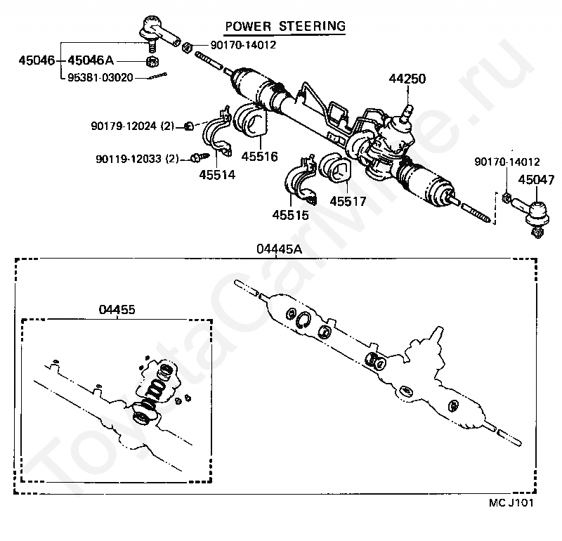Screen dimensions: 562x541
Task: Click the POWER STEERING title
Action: (285, 27)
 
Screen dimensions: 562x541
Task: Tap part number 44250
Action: (407, 79)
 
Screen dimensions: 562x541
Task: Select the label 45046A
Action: (91, 60)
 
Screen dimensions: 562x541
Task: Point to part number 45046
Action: (37, 60)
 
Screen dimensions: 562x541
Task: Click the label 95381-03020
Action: (100, 77)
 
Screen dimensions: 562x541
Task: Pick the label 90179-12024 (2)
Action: (133, 126)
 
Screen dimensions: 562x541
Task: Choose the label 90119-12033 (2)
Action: (137, 159)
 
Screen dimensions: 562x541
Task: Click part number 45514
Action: (217, 175)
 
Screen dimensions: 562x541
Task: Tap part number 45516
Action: (259, 156)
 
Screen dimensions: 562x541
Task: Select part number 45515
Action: (290, 215)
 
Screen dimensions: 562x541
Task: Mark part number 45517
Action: (348, 201)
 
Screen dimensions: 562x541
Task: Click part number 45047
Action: (536, 179)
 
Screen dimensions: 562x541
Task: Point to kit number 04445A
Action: (279, 249)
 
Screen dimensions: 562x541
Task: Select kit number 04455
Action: (117, 309)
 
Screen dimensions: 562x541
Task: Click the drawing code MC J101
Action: (511, 502)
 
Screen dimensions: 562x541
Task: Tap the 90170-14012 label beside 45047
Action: (507, 162)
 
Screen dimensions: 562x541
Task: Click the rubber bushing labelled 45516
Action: (249, 121)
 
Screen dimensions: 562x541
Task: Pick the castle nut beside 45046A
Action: (152, 62)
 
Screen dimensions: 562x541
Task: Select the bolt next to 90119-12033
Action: (200, 157)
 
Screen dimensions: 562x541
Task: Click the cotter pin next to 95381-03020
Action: (157, 76)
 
